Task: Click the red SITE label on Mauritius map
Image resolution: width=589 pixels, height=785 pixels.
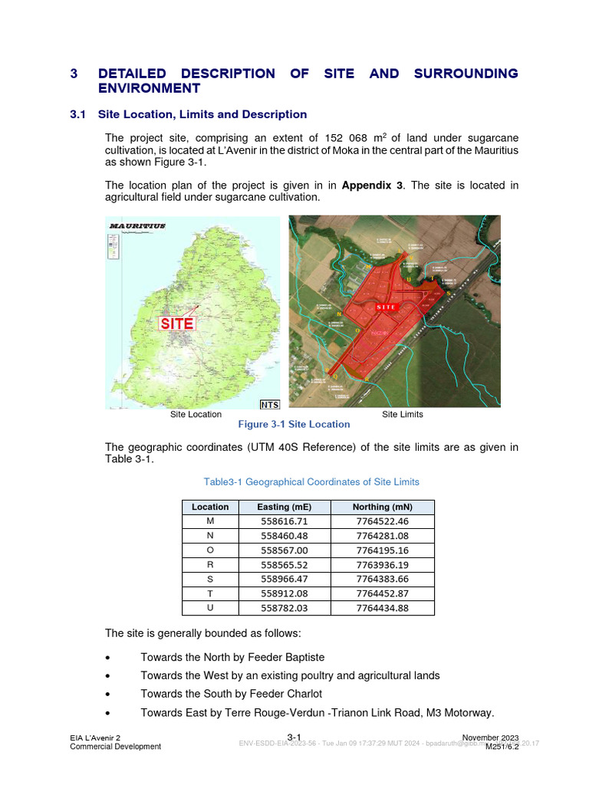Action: pos(177,324)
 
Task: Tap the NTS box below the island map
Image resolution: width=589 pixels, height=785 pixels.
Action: pos(270,404)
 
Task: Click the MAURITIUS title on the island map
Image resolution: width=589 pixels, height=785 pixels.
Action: pos(138,226)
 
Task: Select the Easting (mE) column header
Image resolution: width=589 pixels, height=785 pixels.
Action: pos(285,507)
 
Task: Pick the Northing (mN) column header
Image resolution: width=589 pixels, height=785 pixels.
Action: pos(383,507)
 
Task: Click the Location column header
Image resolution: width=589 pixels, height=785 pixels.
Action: pos(210,507)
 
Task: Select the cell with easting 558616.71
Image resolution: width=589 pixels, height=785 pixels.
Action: pos(285,521)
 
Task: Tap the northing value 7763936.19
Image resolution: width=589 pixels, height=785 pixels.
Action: pos(383,565)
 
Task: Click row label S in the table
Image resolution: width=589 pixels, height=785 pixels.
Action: pos(210,580)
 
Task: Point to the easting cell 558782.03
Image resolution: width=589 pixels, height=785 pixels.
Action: pos(285,608)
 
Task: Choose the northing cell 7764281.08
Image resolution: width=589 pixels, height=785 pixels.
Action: pos(383,536)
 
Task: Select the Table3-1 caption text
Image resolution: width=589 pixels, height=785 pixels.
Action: pos(311,481)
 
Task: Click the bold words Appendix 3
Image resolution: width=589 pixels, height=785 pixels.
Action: pos(373,185)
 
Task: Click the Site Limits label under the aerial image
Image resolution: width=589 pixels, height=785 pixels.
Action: pos(403,414)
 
